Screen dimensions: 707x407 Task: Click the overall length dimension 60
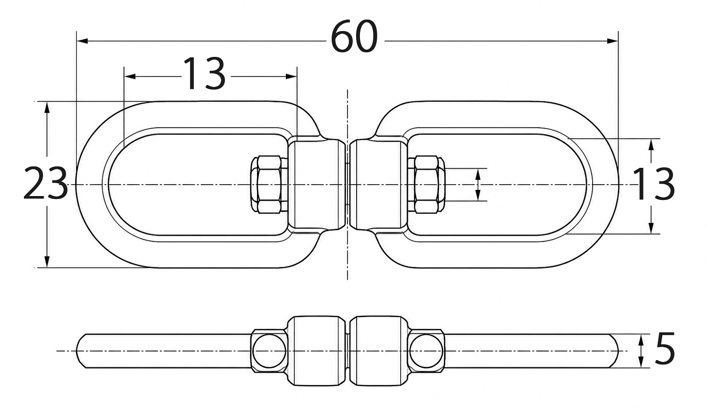click(x=354, y=36)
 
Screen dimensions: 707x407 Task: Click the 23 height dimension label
click(x=46, y=183)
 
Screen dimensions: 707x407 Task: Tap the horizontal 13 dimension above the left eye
click(x=204, y=74)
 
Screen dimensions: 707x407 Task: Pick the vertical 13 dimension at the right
click(x=654, y=184)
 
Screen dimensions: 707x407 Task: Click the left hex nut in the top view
click(x=269, y=185)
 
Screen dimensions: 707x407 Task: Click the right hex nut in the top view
click(x=426, y=185)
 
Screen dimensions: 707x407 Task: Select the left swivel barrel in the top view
click(x=317, y=185)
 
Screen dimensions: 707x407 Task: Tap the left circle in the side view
click(x=269, y=351)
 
